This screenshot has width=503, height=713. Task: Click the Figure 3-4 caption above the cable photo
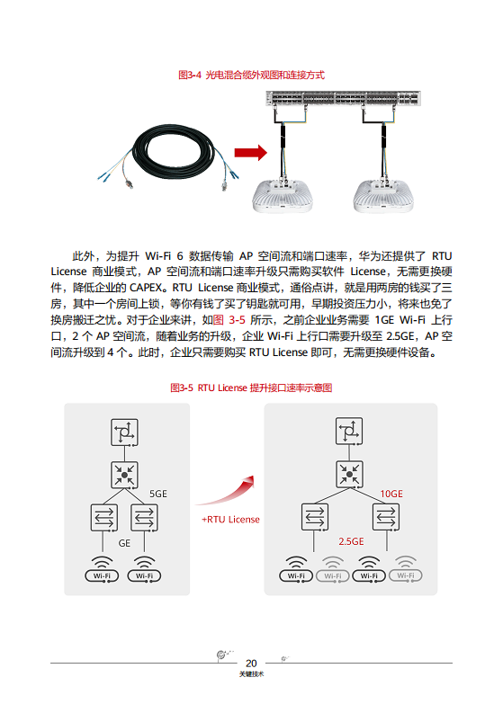(x=251, y=75)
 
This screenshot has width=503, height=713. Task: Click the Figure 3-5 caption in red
(x=251, y=388)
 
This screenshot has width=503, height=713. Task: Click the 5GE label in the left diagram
(x=158, y=495)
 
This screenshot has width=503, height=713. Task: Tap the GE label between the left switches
(x=125, y=543)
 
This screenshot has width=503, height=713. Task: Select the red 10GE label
(x=391, y=494)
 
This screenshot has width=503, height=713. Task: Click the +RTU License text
(x=230, y=520)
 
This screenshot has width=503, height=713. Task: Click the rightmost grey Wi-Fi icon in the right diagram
(x=407, y=569)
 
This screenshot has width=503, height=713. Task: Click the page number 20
(x=251, y=663)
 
